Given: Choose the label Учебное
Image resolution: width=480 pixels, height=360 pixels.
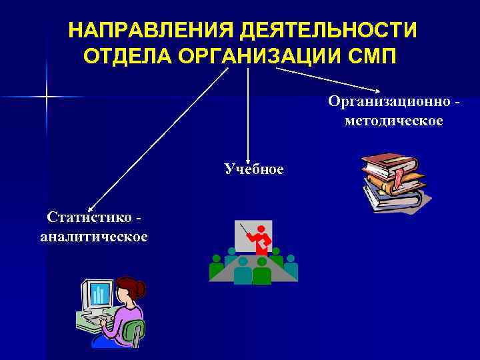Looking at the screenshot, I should tap(254, 169).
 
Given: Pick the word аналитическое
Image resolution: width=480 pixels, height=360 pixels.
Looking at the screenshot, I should tap(94, 236).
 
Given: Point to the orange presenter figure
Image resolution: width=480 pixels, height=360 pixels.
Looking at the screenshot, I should tap(261, 240).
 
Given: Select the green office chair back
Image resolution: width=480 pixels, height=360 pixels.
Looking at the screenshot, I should tap(135, 330).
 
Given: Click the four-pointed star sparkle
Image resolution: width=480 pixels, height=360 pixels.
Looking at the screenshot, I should tap(47, 98).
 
